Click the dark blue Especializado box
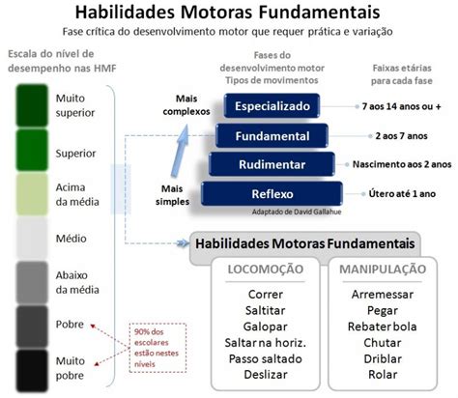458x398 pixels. click(x=272, y=105)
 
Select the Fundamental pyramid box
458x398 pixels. click(x=272, y=135)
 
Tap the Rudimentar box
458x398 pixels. click(x=272, y=164)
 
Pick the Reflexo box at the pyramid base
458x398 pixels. click(x=272, y=193)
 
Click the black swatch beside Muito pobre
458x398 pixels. click(x=32, y=371)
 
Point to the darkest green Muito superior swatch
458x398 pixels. click(x=32, y=105)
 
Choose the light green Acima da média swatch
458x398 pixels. click(x=32, y=194)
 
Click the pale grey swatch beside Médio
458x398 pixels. click(x=32, y=238)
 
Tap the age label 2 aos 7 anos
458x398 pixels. click(x=401, y=136)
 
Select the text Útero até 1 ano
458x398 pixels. click(x=402, y=194)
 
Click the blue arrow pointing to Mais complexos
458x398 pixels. click(x=181, y=151)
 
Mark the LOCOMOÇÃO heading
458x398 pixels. click(x=266, y=270)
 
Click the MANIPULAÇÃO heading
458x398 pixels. click(x=383, y=270)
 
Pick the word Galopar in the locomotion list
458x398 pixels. click(x=266, y=327)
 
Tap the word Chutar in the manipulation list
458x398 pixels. click(x=383, y=343)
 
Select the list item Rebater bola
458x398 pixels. click(x=383, y=327)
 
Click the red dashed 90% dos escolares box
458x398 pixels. click(x=157, y=348)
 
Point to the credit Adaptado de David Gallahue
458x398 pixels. click(x=297, y=212)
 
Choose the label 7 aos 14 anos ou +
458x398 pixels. click(x=401, y=106)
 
